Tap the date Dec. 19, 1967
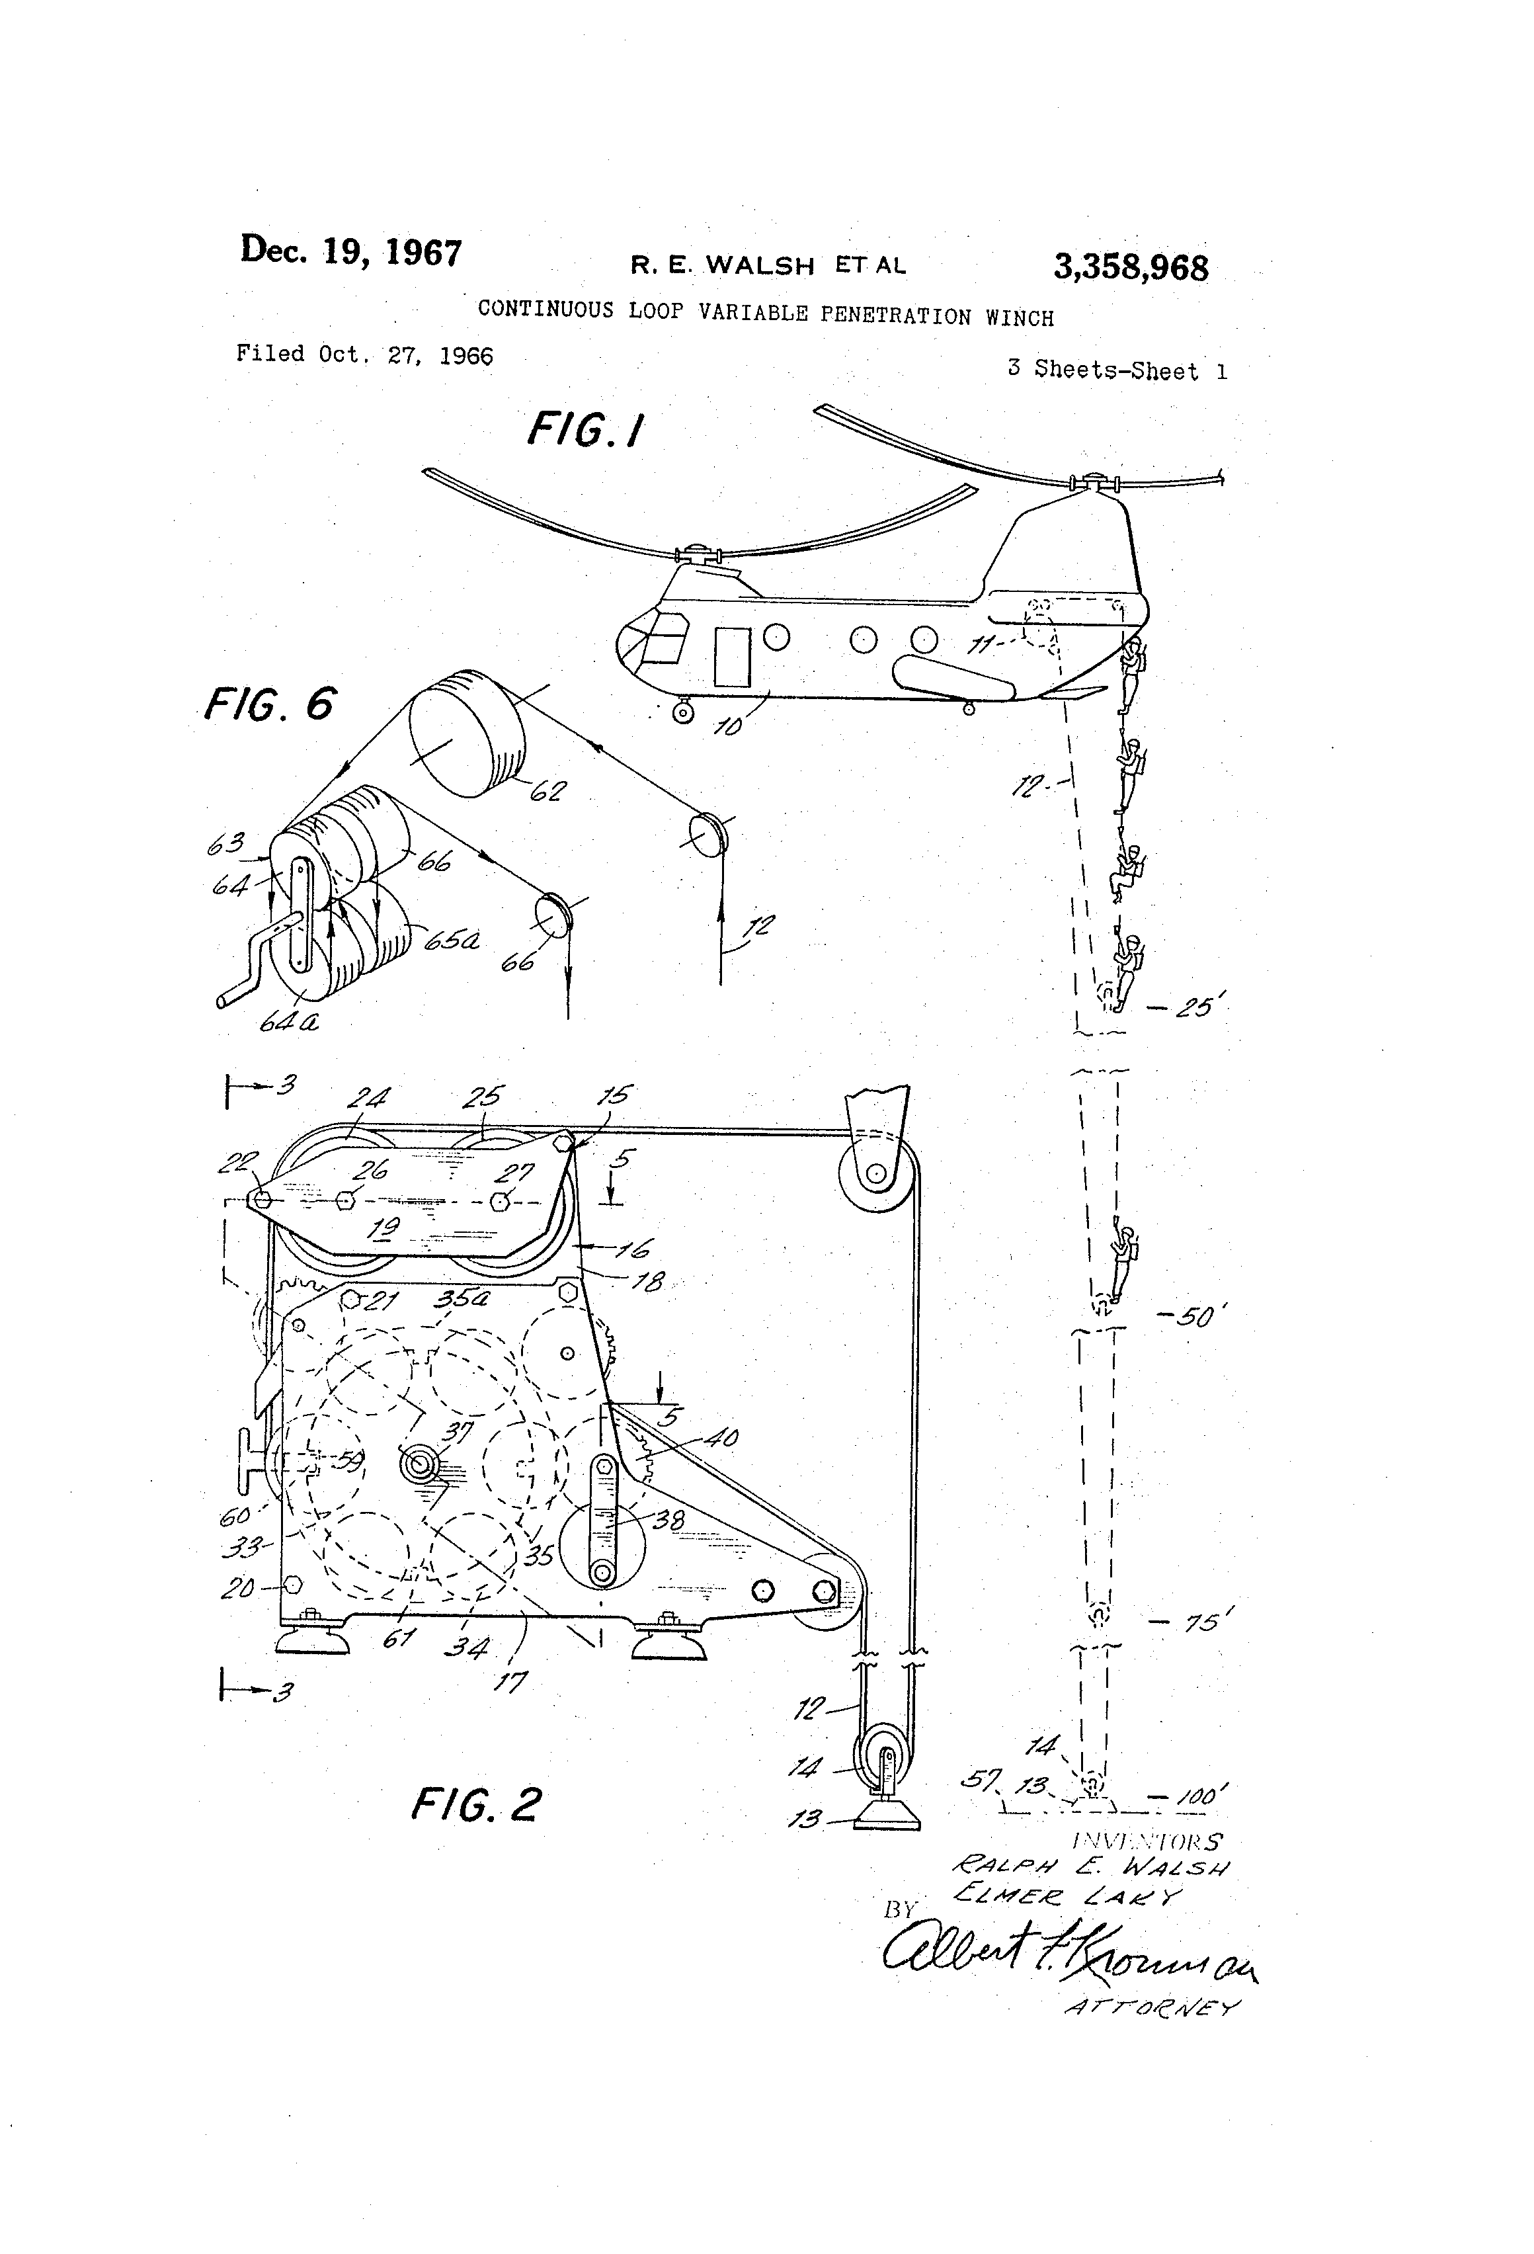coord(351,251)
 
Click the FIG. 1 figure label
coord(586,430)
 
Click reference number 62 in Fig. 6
coord(546,790)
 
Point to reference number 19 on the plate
coord(386,1229)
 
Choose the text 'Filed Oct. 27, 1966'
coord(364,355)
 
